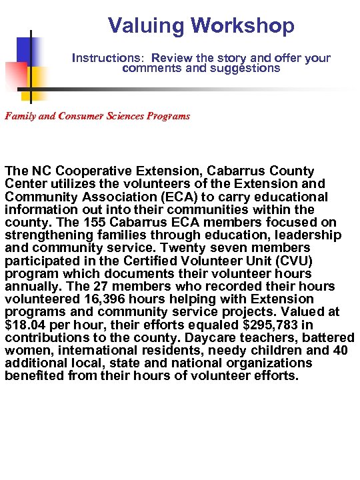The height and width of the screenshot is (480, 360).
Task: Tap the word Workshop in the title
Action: [x=242, y=26]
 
